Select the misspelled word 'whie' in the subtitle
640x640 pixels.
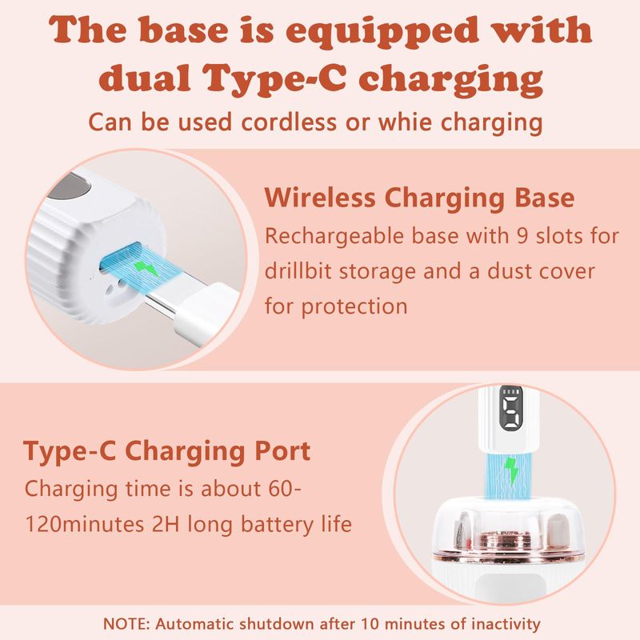pyautogui.click(x=405, y=122)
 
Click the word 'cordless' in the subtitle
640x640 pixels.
pyautogui.click(x=289, y=122)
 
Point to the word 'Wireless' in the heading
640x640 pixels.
pyautogui.click(x=319, y=198)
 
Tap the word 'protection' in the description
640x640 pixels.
pyautogui.click(x=354, y=307)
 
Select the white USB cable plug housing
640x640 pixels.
pyautogui.click(x=204, y=311)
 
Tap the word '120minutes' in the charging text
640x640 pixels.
pyautogui.click(x=85, y=524)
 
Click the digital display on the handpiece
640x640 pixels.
pyautogui.click(x=511, y=408)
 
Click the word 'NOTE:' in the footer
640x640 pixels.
pyautogui.click(x=126, y=624)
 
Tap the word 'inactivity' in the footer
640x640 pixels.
pyautogui.click(x=506, y=624)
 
